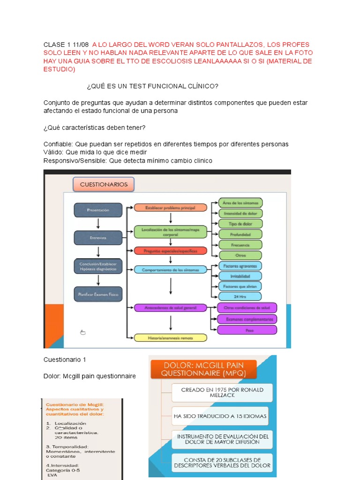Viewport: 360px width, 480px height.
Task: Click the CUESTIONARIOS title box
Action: click(x=104, y=184)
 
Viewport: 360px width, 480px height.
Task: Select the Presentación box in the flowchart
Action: click(x=98, y=210)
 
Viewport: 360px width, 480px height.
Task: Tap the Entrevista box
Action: click(x=98, y=238)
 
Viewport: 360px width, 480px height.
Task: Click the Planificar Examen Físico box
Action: click(x=98, y=294)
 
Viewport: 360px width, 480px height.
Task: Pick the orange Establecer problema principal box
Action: click(x=171, y=207)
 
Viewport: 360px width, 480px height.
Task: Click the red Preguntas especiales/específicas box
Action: click(x=171, y=251)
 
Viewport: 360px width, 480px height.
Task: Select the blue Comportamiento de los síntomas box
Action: click(x=171, y=270)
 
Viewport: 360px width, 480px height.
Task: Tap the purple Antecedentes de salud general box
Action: click(x=171, y=307)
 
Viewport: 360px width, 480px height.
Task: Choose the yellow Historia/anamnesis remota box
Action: click(x=171, y=337)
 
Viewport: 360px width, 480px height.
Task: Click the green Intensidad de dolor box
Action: click(x=241, y=213)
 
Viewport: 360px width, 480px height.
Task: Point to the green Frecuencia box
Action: click(x=241, y=245)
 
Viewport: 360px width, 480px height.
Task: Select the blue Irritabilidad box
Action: click(x=241, y=276)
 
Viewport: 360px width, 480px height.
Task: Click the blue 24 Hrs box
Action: click(x=241, y=296)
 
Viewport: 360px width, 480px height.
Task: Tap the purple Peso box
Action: click(x=247, y=330)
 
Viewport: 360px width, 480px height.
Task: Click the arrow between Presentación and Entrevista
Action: click(x=98, y=224)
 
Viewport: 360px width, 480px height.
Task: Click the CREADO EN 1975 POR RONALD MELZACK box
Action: click(x=222, y=392)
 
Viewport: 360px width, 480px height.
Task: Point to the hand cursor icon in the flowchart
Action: click(x=83, y=332)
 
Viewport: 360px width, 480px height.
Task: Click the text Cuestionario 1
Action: click(x=65, y=360)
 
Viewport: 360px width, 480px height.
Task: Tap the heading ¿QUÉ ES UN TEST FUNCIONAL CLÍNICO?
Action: click(x=152, y=86)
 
